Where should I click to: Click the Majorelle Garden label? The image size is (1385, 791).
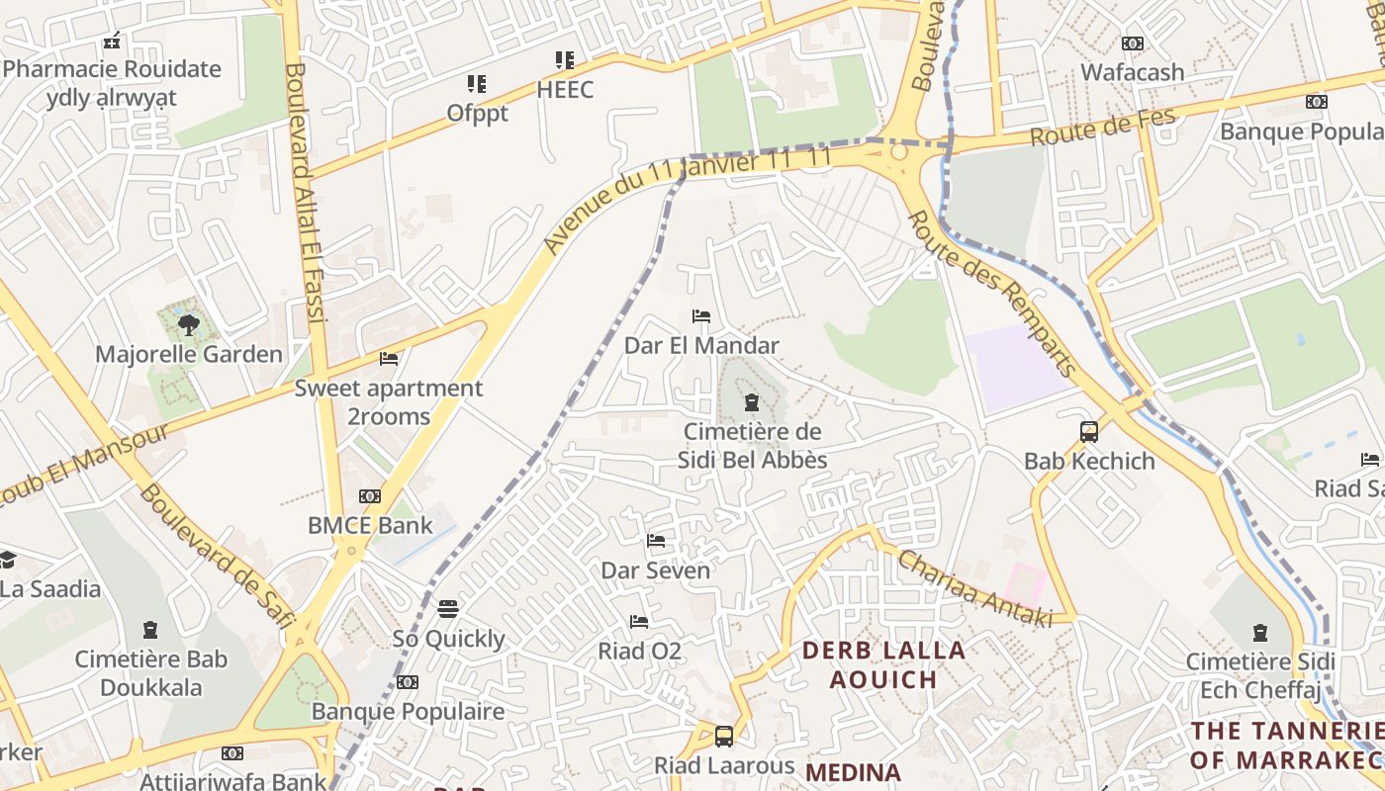188,354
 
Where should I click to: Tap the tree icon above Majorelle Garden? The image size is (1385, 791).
189,324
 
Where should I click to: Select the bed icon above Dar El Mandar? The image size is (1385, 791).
701,316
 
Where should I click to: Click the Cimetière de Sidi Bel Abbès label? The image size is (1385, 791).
752,446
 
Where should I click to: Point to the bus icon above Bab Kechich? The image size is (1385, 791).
1089,432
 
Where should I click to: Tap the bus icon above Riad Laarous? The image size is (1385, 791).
724,737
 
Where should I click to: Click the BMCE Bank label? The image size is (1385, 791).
370,525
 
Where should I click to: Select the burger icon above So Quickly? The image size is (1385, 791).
448,608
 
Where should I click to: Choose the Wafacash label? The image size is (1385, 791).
1132,72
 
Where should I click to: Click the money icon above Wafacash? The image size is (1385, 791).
1133,44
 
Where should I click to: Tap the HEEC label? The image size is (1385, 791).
565,90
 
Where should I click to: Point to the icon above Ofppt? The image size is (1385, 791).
477,84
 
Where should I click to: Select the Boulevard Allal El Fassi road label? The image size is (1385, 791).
305,193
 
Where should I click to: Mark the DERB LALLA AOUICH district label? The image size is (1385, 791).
883,664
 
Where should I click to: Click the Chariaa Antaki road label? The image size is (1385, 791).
974,589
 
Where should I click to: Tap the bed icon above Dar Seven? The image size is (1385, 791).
656,541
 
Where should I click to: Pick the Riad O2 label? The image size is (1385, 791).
639,652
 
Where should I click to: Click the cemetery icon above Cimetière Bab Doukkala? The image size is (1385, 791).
150,630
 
